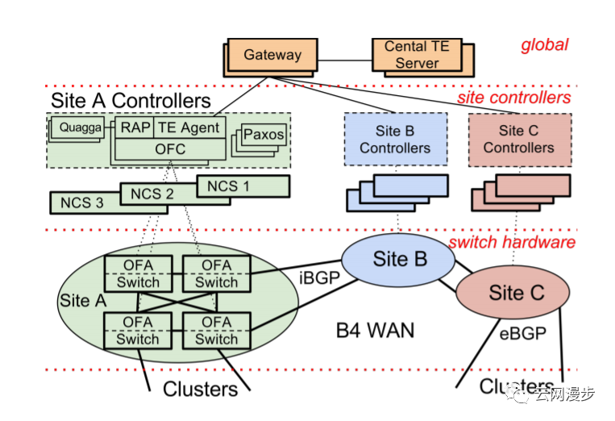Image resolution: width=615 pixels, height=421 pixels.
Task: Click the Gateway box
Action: tap(272, 56)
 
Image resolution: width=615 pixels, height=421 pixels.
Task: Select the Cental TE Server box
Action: tap(417, 54)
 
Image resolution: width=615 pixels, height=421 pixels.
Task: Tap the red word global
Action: tap(544, 45)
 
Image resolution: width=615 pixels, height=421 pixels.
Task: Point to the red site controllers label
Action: tap(513, 98)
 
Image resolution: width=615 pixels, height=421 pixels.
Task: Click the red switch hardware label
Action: tap(511, 242)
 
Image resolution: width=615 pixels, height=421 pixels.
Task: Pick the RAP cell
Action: tap(133, 127)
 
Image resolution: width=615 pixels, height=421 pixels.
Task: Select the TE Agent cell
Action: tap(189, 127)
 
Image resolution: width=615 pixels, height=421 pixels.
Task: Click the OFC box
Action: tap(169, 148)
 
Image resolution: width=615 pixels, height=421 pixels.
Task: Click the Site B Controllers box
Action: tap(395, 140)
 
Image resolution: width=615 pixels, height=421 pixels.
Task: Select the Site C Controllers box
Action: tap(519, 140)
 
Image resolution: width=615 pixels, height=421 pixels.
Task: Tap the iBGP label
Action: tap(315, 279)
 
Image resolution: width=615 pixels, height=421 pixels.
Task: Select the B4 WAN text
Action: tap(373, 329)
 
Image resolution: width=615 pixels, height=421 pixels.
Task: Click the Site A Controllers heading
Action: tap(131, 101)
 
